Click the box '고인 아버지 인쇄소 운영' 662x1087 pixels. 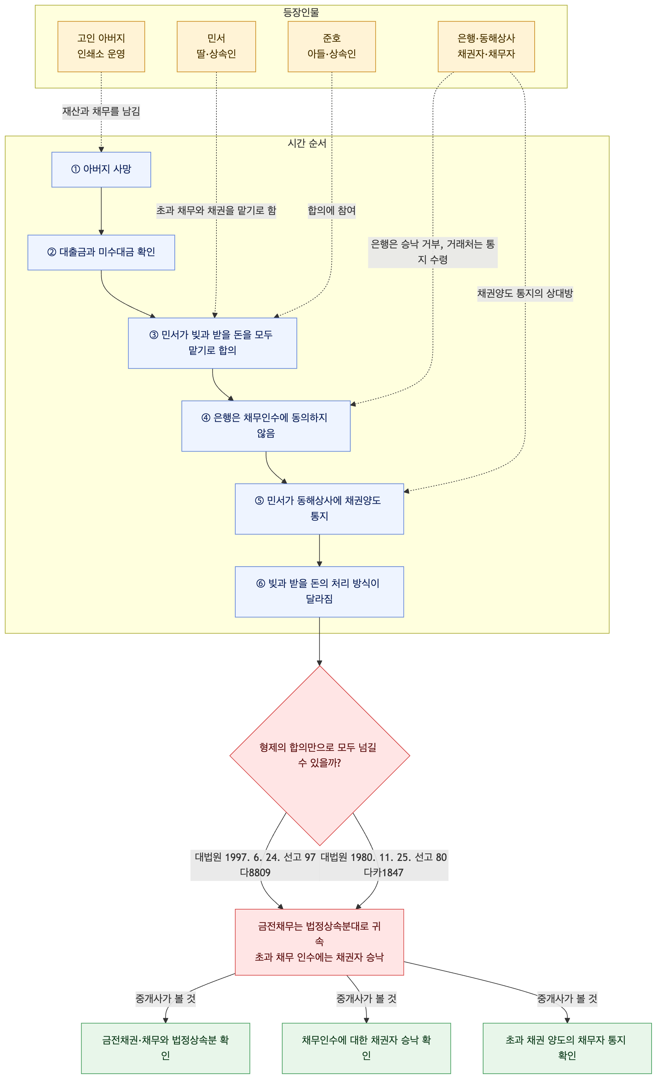pyautogui.click(x=101, y=46)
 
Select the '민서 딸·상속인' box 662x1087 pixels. pyautogui.click(x=216, y=46)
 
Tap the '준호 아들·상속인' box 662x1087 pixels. pyautogui.click(x=331, y=46)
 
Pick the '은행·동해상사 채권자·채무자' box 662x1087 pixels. pyautogui.click(x=486, y=46)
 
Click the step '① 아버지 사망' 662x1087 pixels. pyautogui.click(x=101, y=169)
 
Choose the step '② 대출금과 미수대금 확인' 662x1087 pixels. pyautogui.click(x=101, y=253)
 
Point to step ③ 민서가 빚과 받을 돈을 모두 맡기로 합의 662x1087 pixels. pyautogui.click(x=212, y=343)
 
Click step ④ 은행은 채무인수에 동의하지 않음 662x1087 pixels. pyautogui.click(x=266, y=426)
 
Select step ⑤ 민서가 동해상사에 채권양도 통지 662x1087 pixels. pyautogui.click(x=319, y=509)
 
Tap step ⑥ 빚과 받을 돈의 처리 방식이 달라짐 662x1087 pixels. pyautogui.click(x=319, y=591)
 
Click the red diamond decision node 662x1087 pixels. pyautogui.click(x=320, y=755)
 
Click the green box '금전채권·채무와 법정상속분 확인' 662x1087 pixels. pyautogui.click(x=165, y=1048)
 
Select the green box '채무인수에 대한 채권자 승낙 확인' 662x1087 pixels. pyautogui.click(x=366, y=1048)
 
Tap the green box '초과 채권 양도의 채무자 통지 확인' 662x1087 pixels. pyautogui.click(x=567, y=1048)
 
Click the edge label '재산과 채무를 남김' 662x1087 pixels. pyautogui.click(x=101, y=111)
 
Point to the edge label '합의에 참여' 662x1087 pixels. pyautogui.click(x=331, y=210)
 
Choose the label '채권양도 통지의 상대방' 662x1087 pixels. pyautogui.click(x=525, y=293)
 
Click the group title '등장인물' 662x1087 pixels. pyautogui.click(x=301, y=12)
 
